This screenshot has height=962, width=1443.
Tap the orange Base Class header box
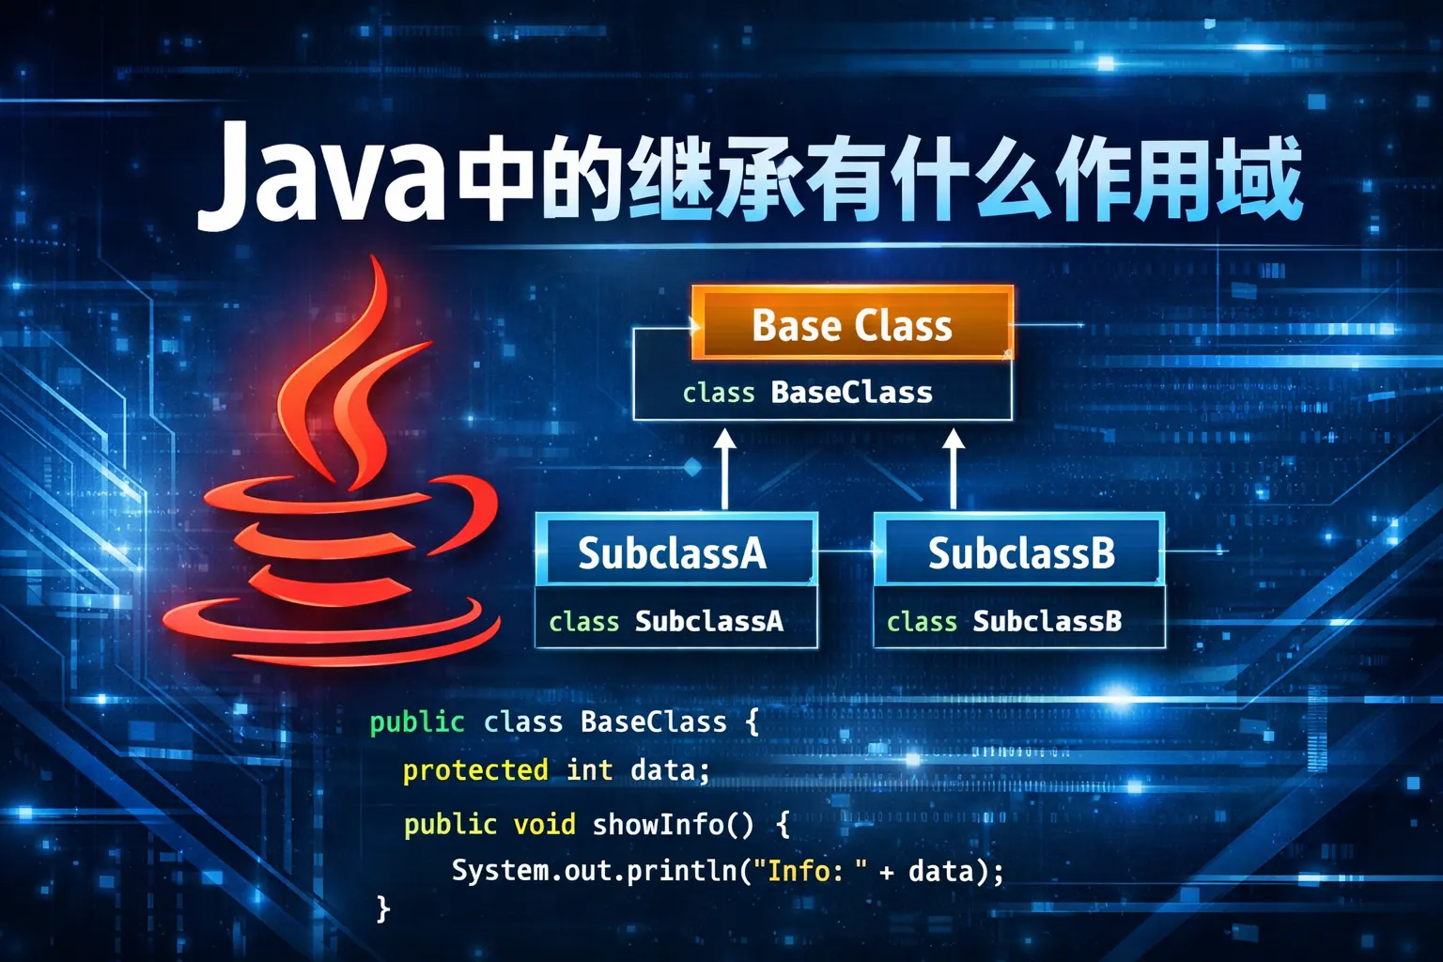coord(852,324)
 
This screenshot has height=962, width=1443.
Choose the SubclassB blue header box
coord(1021,551)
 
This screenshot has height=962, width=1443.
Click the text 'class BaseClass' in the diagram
coord(807,392)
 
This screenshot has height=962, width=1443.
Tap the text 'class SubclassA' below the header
coord(665,621)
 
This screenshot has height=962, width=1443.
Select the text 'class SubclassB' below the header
coord(1003,621)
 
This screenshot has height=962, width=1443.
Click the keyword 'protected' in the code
coord(475,770)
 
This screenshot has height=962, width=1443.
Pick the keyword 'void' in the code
coord(544,824)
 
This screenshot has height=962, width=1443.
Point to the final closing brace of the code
coord(382,908)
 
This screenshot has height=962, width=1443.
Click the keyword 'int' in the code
coord(589,770)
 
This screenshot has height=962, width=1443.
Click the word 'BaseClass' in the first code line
coord(653,721)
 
